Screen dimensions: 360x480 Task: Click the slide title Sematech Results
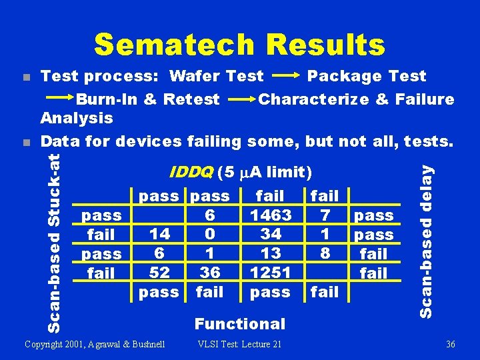(239, 45)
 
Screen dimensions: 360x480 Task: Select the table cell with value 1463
(270, 215)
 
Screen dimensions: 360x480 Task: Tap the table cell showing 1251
(270, 273)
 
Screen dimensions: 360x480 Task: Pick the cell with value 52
(159, 273)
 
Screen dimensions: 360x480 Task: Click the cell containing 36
(210, 273)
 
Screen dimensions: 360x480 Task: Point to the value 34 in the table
(270, 234)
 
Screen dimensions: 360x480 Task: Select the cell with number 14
(159, 234)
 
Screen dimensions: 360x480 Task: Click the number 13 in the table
(270, 253)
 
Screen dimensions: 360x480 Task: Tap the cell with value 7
(325, 215)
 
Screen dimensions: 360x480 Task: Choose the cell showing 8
(325, 253)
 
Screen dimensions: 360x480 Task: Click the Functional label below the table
(239, 324)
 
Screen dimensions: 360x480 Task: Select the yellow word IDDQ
(191, 173)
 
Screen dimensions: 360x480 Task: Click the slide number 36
(450, 344)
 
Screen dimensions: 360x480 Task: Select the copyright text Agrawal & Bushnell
(94, 344)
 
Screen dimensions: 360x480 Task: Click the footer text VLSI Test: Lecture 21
(239, 344)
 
